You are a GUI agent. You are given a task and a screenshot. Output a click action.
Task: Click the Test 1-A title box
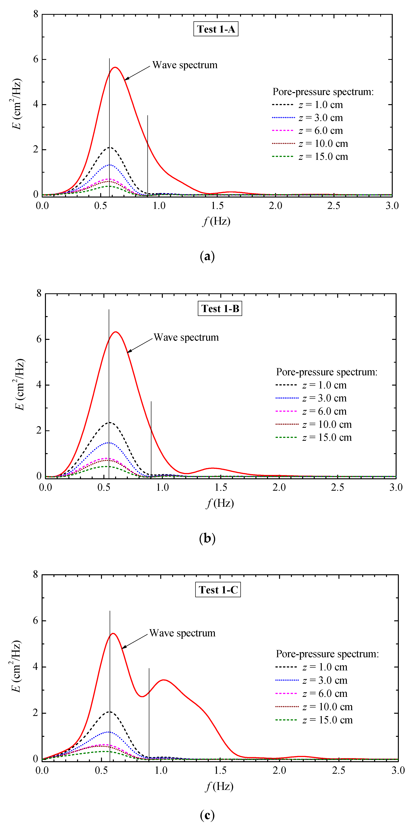tap(216, 29)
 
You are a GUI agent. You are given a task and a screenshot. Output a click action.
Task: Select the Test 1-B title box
tap(220, 309)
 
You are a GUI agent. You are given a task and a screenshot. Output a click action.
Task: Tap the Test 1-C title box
tap(218, 590)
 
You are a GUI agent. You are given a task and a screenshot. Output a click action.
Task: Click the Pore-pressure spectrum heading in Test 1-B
tap(327, 372)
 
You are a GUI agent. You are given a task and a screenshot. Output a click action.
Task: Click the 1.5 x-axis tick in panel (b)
tap(221, 487)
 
